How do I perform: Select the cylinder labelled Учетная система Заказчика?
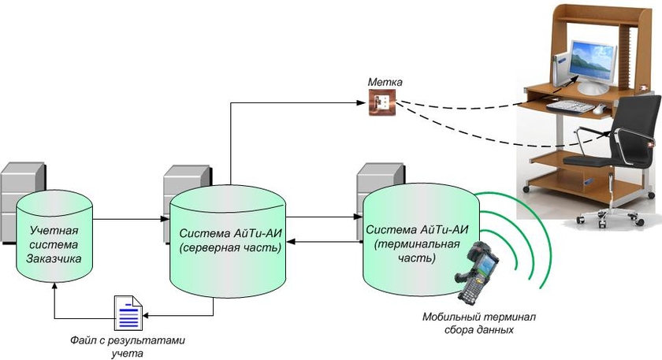[54, 236]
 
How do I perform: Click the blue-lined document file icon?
[128, 314]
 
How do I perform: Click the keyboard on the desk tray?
[575, 105]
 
